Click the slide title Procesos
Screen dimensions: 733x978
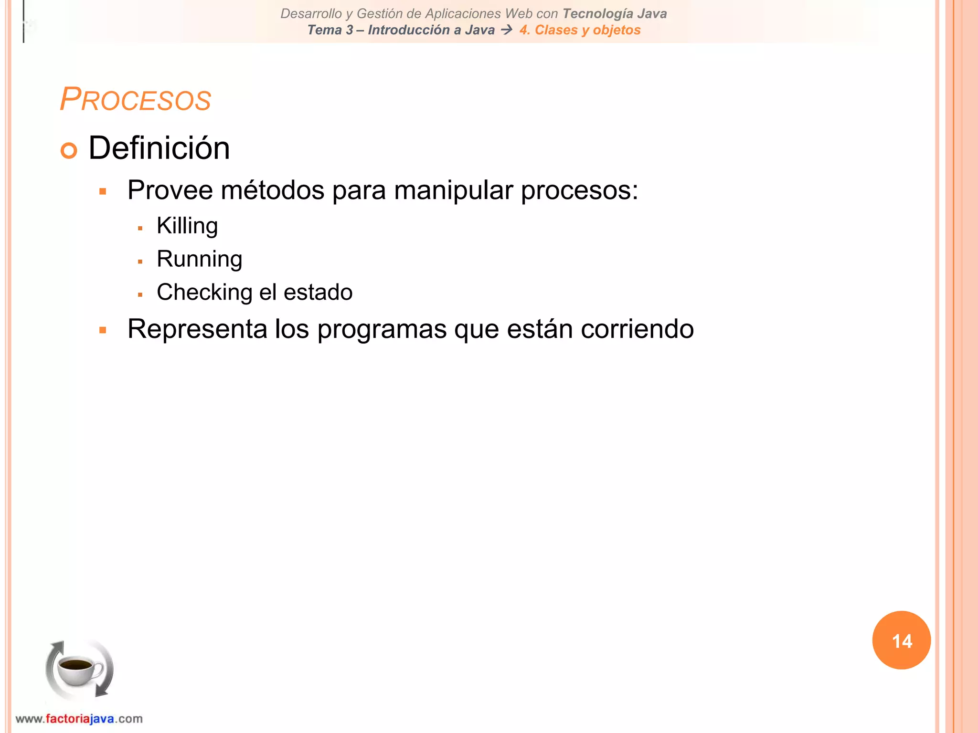135,99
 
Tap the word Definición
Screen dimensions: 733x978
159,148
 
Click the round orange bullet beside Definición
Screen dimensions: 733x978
69,150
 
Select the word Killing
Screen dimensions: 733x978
187,226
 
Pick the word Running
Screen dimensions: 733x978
199,259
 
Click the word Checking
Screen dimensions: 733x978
204,292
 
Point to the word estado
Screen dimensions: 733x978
318,292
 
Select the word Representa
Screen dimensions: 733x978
197,329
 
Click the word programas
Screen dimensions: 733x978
382,329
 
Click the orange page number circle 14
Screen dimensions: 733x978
901,640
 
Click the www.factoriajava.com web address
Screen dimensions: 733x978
79,719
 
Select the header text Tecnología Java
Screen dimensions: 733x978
615,14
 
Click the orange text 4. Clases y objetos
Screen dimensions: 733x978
580,30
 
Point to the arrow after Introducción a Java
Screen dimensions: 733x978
507,30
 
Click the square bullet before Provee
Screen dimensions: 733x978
103,192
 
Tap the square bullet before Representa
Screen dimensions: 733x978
103,330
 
